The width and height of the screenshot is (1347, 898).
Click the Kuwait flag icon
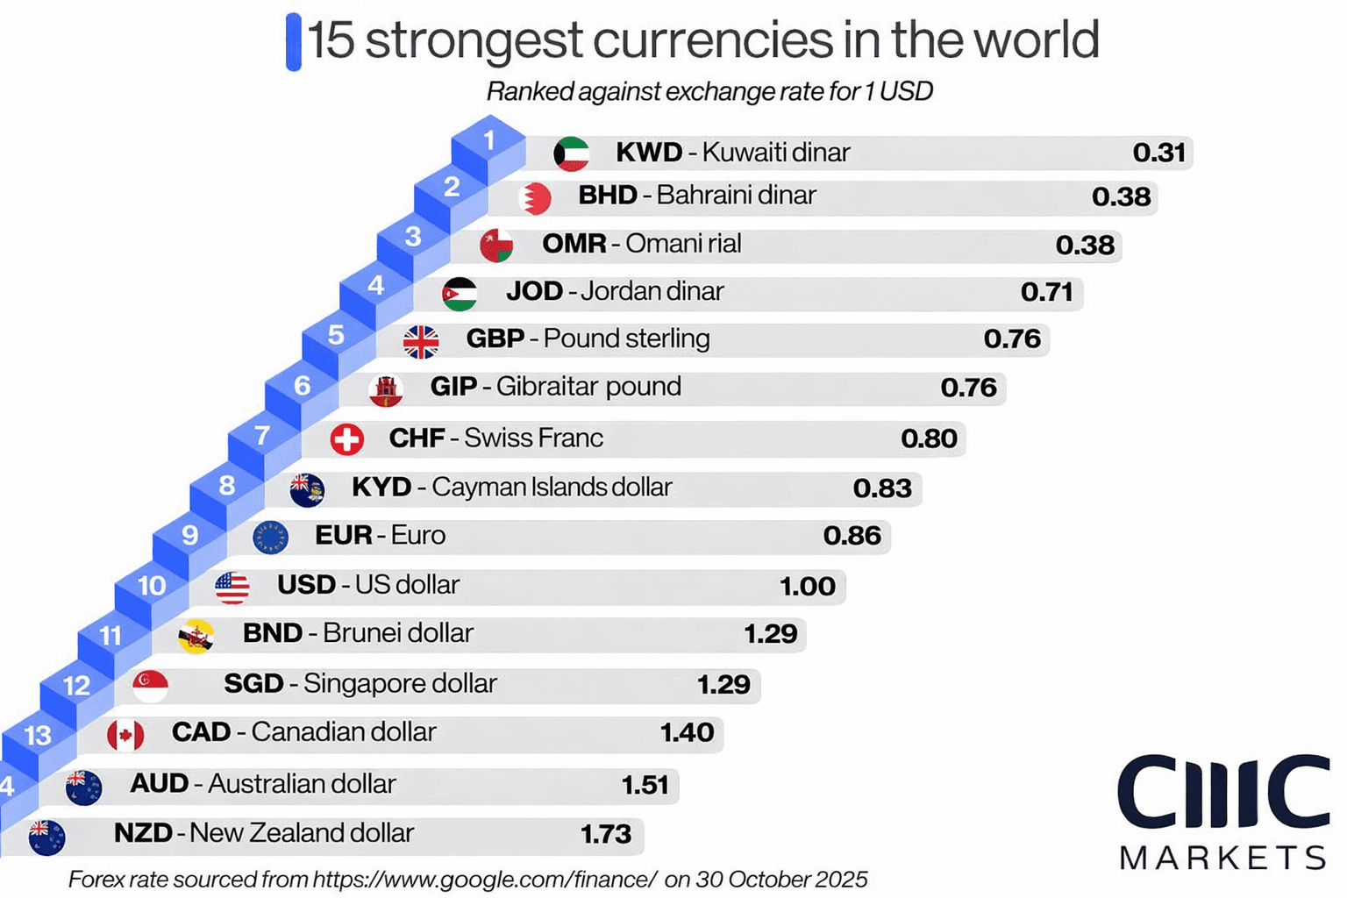tap(571, 153)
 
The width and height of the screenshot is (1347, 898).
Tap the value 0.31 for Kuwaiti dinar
tap(1158, 153)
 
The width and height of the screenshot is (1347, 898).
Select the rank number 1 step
tap(488, 140)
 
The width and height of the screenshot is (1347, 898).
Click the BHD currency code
tap(607, 195)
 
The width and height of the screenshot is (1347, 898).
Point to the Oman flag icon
tap(496, 245)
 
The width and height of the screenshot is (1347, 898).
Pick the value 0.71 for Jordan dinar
tap(1046, 291)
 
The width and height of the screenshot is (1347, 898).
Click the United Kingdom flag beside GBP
tap(421, 341)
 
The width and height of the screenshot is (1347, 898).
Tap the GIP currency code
tap(453, 386)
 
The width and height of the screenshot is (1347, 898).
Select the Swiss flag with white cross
tap(347, 438)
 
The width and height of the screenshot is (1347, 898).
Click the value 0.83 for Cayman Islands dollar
tap(882, 488)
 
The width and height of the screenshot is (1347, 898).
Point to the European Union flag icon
tap(270, 537)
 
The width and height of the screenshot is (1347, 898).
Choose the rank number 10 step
tap(152, 586)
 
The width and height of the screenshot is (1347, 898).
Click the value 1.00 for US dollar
tap(807, 586)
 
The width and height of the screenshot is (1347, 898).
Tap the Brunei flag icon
tap(196, 636)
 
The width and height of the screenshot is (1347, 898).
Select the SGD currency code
tap(253, 683)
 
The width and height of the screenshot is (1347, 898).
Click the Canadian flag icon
tap(125, 735)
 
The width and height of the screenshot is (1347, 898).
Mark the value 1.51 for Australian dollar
tap(645, 784)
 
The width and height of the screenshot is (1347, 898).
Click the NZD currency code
tap(143, 832)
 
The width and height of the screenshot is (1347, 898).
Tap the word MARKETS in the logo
tap(1222, 857)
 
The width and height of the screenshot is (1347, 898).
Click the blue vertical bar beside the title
tap(294, 41)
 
